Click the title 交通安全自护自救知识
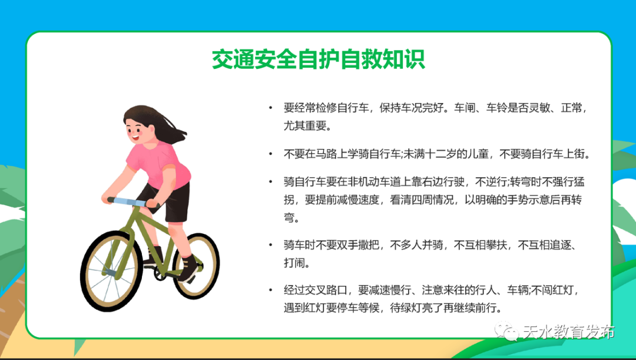click(318, 60)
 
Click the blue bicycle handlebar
click(130, 202)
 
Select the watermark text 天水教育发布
click(569, 332)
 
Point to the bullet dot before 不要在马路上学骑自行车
click(270, 155)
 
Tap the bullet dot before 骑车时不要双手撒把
click(270, 245)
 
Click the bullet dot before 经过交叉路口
click(270, 290)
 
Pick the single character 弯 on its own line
click(289, 217)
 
